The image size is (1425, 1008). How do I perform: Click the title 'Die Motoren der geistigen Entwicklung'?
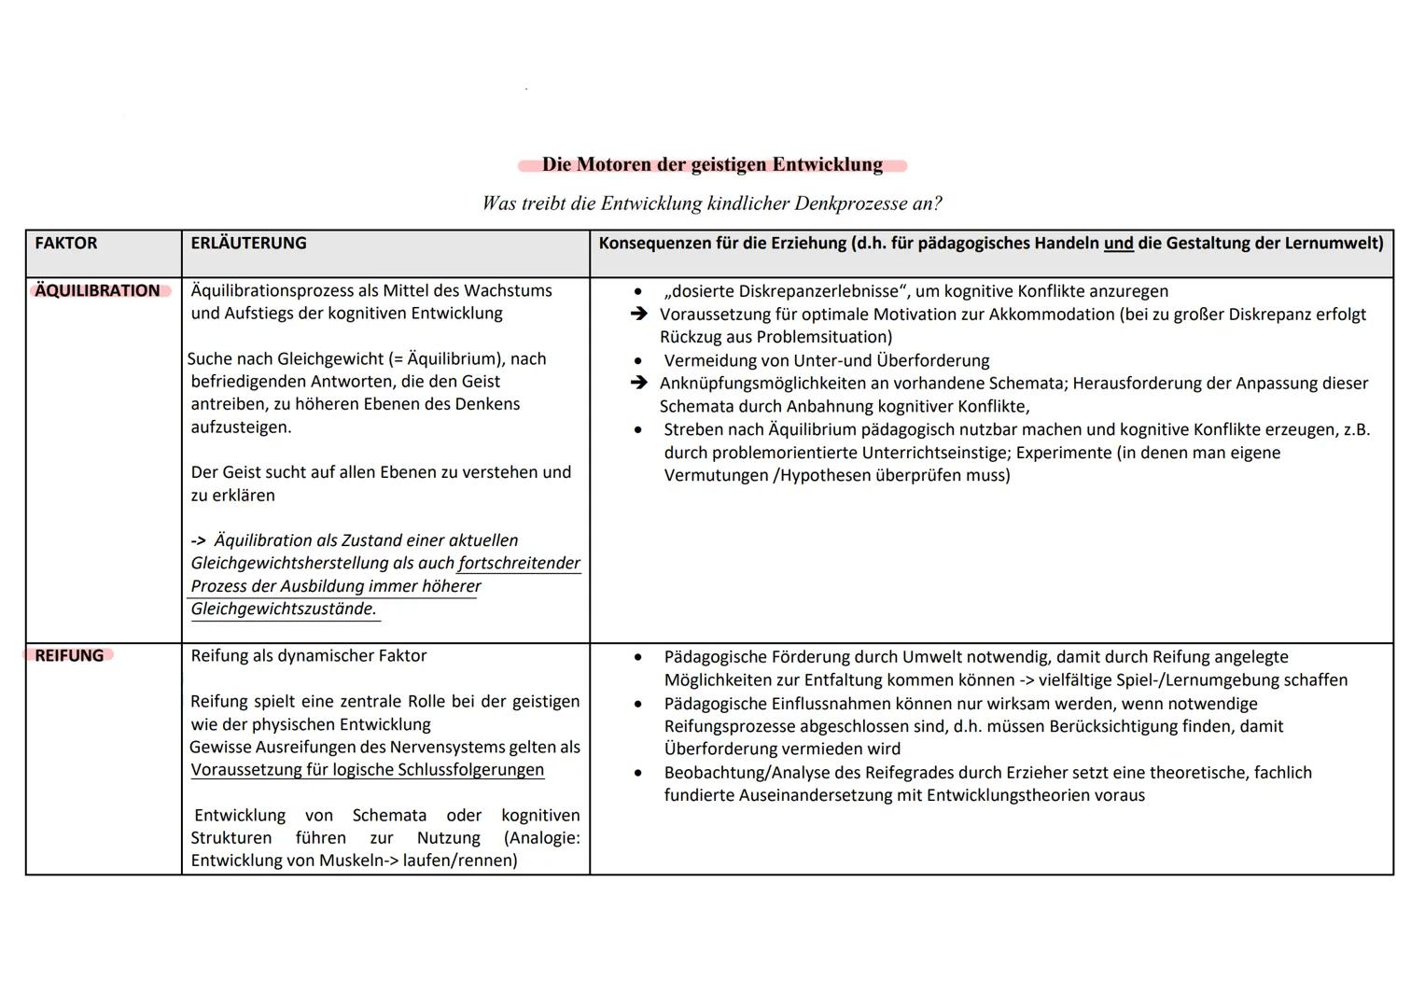coord(712,165)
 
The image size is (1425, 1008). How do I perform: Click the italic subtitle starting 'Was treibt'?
coord(712,203)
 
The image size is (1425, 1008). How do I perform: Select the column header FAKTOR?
coord(66,244)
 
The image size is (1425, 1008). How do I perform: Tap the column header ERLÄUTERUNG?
coord(248,244)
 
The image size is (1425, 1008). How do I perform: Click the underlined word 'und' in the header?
coord(1118,244)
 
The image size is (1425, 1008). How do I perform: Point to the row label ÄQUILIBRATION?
coord(97,291)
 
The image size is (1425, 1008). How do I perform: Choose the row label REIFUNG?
coord(69,656)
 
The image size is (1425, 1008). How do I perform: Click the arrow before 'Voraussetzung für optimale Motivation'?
coord(638,315)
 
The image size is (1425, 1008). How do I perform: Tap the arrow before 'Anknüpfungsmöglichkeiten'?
coord(638,384)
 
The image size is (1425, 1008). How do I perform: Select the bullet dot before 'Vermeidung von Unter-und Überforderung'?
coord(638,361)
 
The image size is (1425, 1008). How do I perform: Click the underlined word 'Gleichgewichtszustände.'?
coord(284,609)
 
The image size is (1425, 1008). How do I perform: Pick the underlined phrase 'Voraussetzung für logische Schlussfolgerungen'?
coord(368,770)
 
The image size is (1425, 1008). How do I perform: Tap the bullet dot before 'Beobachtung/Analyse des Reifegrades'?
coord(638,774)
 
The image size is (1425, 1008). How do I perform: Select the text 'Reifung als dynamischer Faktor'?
coord(309,656)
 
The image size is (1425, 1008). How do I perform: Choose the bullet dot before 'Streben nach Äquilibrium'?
coord(638,430)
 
